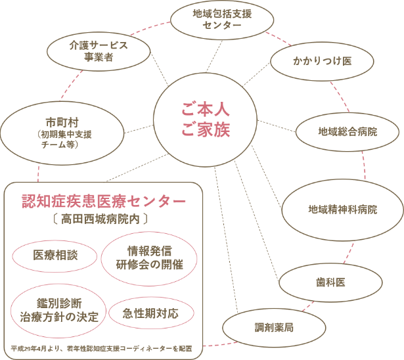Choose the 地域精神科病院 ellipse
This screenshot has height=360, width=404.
[x=342, y=210]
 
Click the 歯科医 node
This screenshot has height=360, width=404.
[x=330, y=282]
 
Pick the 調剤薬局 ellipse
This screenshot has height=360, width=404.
[x=274, y=326]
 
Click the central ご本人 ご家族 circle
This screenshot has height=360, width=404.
[x=206, y=118]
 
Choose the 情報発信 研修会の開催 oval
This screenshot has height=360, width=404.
[x=149, y=257]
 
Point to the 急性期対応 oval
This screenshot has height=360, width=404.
[x=150, y=313]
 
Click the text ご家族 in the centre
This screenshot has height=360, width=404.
[x=206, y=129]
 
